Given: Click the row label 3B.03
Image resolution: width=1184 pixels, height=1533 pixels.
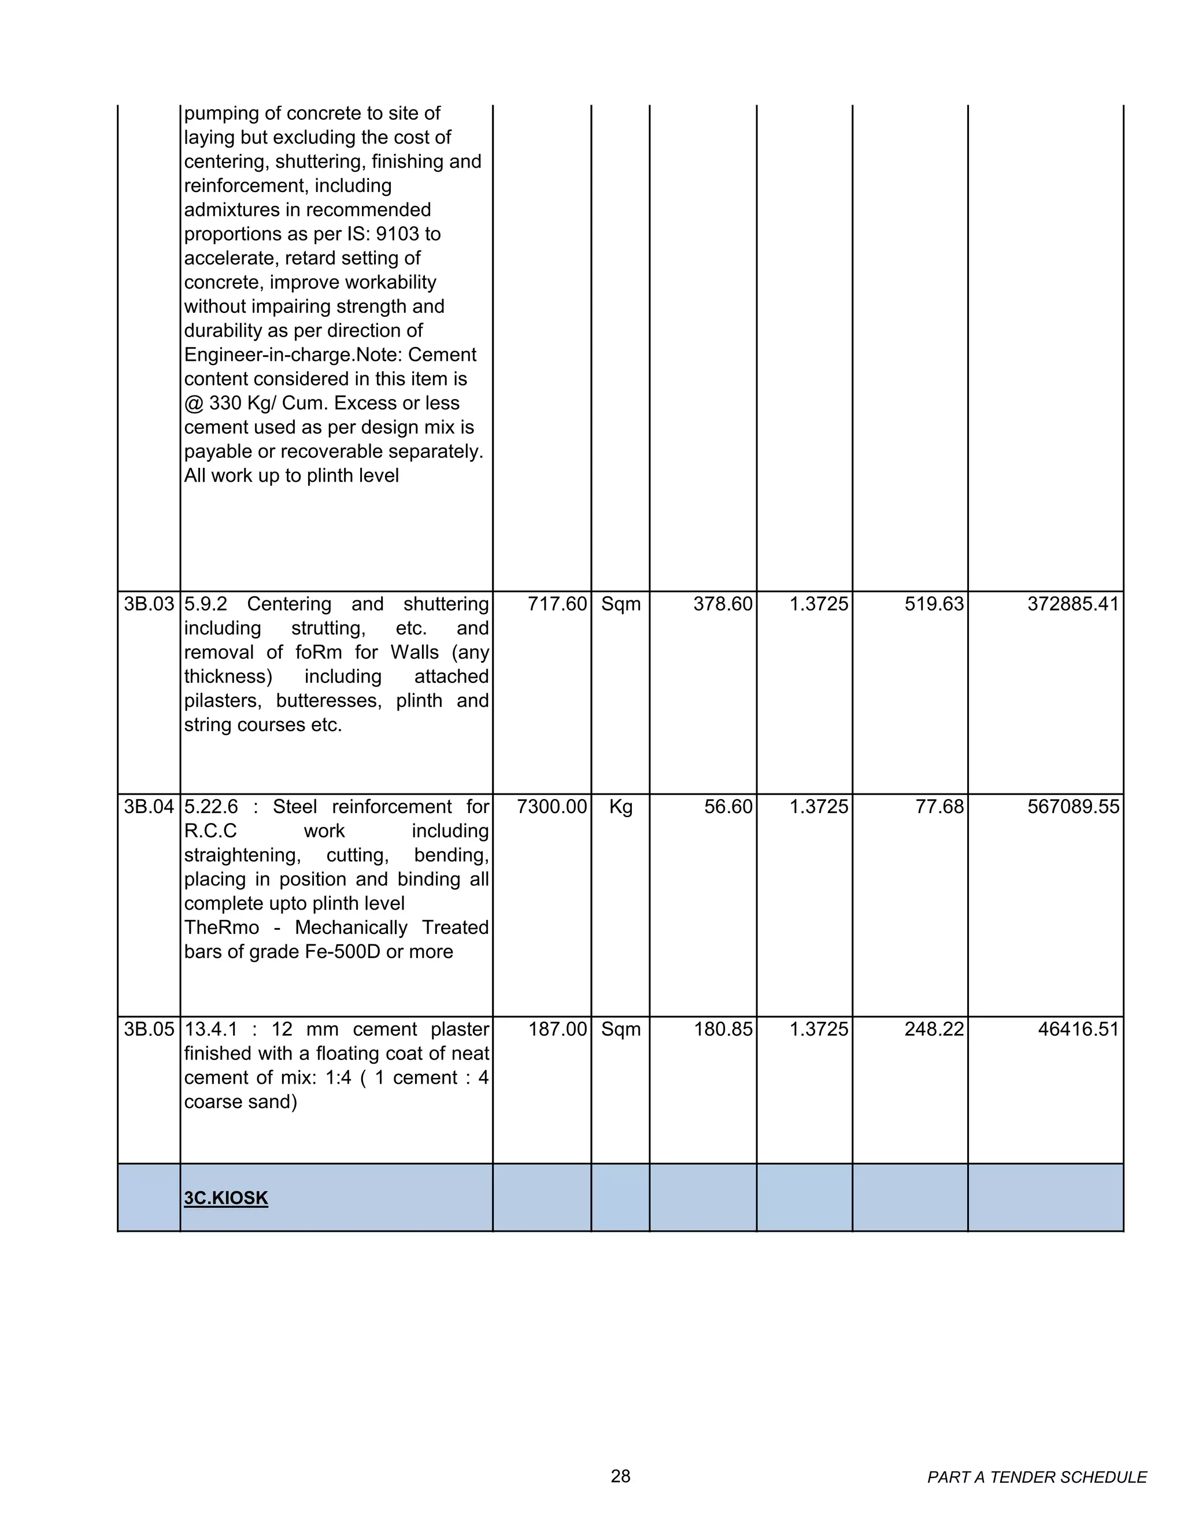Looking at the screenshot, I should pyautogui.click(x=149, y=604).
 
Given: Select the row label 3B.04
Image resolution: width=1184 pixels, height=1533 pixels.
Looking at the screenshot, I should pyautogui.click(x=149, y=807).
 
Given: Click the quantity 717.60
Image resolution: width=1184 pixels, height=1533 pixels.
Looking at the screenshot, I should pyautogui.click(x=557, y=604).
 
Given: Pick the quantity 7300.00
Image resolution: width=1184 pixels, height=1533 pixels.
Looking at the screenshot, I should pyautogui.click(x=552, y=807).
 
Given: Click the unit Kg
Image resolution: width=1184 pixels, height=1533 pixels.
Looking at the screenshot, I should pyautogui.click(x=620, y=807).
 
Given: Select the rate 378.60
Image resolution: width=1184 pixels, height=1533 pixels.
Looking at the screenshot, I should pyautogui.click(x=722, y=604).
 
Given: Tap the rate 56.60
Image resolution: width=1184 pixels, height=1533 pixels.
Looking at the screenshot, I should pyautogui.click(x=728, y=807).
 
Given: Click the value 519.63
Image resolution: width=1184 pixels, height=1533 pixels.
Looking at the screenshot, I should pyautogui.click(x=934, y=604).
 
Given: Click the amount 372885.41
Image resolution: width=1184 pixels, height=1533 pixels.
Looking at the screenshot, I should pyautogui.click(x=1072, y=604).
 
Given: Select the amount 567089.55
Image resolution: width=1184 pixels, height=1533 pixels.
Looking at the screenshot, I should pyautogui.click(x=1072, y=807).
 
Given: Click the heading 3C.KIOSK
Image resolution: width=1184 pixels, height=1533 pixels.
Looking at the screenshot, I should pyautogui.click(x=226, y=1198).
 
